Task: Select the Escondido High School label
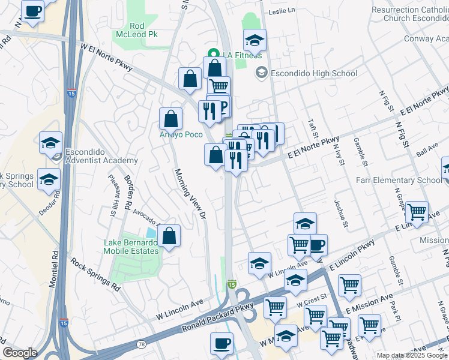click(x=313, y=74)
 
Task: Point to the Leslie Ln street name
click(x=282, y=11)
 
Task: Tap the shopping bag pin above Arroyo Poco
click(x=171, y=118)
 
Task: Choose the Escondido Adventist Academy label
click(x=101, y=156)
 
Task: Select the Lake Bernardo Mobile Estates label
click(x=131, y=247)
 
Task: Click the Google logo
click(x=20, y=353)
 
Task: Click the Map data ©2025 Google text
click(x=411, y=355)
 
